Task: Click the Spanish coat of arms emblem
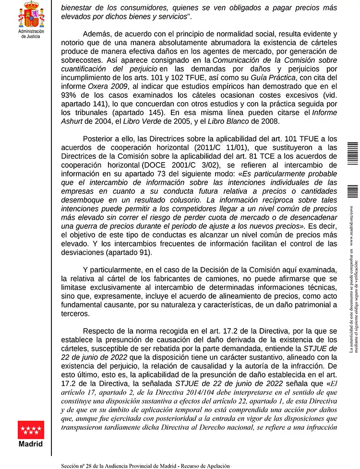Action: click(31, 14)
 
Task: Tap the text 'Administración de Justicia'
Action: click(31, 34)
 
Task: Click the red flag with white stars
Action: click(31, 430)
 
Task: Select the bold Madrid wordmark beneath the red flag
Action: click(31, 444)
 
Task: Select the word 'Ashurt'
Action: click(72, 121)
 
